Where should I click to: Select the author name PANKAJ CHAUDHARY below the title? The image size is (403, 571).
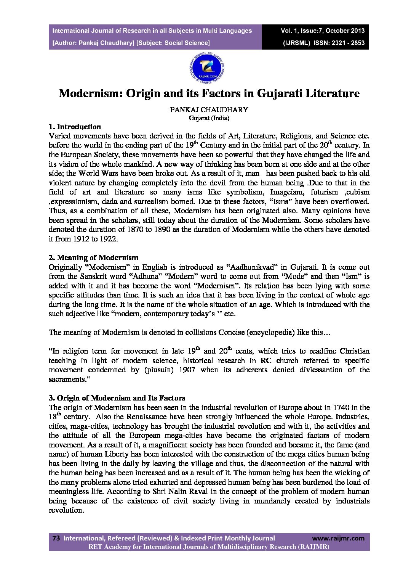pos(209,110)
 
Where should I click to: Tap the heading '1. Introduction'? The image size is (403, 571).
pos(75,127)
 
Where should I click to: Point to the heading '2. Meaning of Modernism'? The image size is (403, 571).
pos(93,257)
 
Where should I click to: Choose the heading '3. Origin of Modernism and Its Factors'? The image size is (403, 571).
pos(117,398)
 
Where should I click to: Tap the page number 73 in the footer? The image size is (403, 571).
pos(56,538)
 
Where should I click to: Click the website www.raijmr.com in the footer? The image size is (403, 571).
pos(338,538)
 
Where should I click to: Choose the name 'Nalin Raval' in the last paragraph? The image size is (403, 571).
pos(161,492)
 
